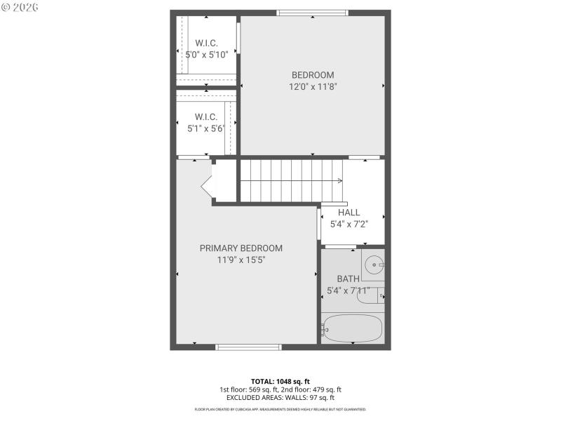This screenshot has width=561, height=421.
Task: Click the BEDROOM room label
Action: point(313,75)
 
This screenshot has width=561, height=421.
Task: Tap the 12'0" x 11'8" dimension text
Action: point(313,88)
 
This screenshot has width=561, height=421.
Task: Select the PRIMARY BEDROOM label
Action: point(241,248)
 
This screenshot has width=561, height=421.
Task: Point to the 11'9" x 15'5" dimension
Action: point(241,260)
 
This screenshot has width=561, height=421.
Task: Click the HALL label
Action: point(349,213)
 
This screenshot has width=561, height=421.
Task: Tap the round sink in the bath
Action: point(374,265)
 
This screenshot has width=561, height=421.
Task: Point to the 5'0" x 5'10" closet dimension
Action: point(206,54)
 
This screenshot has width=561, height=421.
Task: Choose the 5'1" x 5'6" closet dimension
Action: point(205,128)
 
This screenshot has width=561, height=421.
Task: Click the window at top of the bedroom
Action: point(312,12)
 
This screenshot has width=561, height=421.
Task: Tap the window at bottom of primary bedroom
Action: point(248,347)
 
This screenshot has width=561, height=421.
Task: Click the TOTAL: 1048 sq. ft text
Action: point(280,381)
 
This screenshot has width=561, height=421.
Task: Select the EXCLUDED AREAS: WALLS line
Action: point(280,398)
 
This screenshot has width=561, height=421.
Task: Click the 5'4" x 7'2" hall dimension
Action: point(349,225)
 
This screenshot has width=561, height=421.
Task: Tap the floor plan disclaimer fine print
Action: point(280,409)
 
